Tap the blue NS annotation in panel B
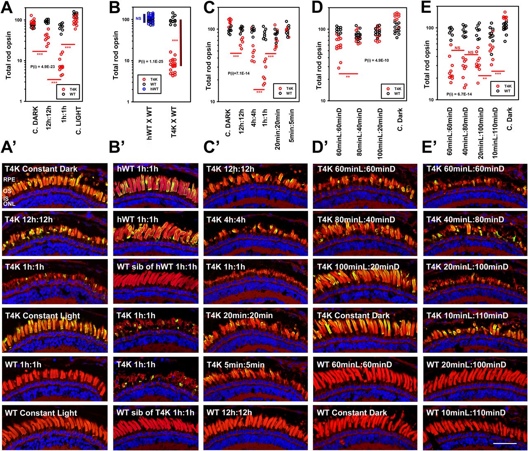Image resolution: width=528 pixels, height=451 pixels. pyautogui.click(x=138, y=19)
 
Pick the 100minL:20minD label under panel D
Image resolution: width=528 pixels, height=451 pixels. pyautogui.click(x=379, y=133)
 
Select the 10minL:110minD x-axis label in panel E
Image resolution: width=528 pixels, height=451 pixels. pyautogui.click(x=495, y=133)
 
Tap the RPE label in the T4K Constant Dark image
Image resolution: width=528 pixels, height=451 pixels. pyautogui.click(x=9, y=179)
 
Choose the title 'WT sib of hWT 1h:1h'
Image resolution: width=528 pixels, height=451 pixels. pyautogui.click(x=157, y=267)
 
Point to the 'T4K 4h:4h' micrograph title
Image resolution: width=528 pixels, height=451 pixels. pyautogui.click(x=226, y=220)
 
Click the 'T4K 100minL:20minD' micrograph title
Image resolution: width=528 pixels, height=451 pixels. pyautogui.click(x=358, y=267)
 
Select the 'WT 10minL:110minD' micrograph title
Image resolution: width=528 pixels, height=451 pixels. pyautogui.click(x=466, y=413)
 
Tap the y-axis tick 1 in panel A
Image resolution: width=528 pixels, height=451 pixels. pyautogui.click(x=21, y=102)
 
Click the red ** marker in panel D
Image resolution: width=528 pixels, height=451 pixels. pyautogui.click(x=348, y=77)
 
